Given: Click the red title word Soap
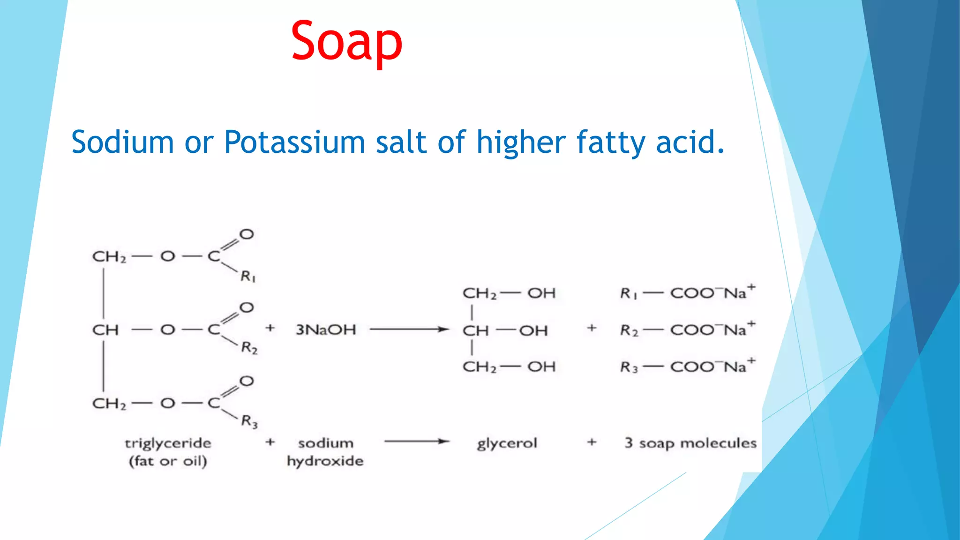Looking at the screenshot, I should tap(346, 41).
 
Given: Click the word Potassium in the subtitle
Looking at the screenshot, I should tap(294, 142).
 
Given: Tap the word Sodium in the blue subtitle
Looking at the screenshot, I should tap(122, 142).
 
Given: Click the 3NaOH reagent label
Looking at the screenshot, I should tap(326, 330).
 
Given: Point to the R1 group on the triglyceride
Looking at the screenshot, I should tap(248, 277).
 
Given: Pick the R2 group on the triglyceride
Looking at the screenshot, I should tap(249, 348).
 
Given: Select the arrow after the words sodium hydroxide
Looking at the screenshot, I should tap(417, 441).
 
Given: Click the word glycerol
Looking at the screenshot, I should tap(507, 443).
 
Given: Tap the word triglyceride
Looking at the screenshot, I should tap(168, 443).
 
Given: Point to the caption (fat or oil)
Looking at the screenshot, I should tap(168, 461).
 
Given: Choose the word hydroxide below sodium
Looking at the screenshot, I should tap(325, 461).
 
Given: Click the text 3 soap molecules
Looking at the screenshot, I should tap(690, 443).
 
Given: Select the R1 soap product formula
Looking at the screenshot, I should tap(687, 292).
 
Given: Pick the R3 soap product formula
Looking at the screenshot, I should tap(687, 366).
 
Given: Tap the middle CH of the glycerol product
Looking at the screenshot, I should tap(475, 330).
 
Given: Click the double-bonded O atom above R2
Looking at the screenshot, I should tap(247, 307).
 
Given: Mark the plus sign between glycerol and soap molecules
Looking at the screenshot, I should tap(592, 442).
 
